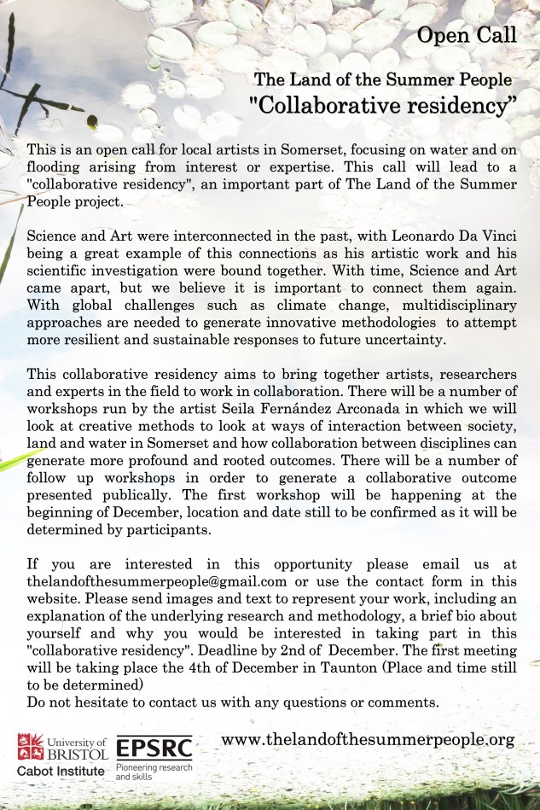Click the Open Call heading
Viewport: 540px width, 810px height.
467,34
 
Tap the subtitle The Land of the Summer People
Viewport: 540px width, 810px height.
383,79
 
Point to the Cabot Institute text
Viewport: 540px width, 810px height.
61,772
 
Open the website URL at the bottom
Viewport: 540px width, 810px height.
368,739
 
